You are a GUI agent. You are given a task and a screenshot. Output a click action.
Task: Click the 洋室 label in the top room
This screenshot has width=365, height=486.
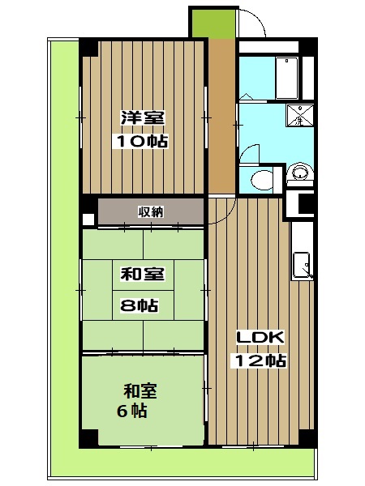coord(142,117)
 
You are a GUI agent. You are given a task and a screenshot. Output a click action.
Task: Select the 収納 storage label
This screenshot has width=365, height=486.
coord(150,211)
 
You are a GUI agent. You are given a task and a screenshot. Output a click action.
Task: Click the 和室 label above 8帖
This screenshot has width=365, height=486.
coord(142,274)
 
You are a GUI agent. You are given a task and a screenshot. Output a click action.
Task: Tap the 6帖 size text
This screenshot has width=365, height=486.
coord(130,411)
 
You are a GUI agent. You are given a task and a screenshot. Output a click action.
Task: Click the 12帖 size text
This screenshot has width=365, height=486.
coord(260,361)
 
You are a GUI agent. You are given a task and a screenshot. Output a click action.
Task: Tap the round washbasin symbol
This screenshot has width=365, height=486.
coord(299,172)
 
